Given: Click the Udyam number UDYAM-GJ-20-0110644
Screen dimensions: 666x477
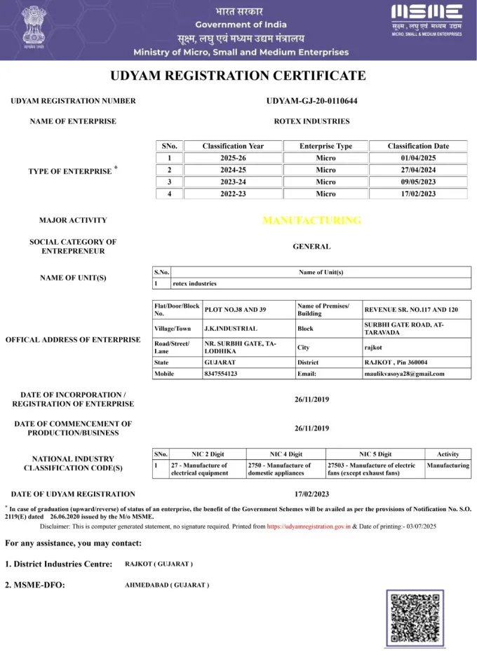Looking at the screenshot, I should tap(311, 101).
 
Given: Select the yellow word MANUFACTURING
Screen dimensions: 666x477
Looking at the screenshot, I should tap(311, 220).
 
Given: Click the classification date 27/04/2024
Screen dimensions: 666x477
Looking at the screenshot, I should tap(418, 170).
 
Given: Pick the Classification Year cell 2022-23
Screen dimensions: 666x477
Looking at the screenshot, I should tap(233, 193).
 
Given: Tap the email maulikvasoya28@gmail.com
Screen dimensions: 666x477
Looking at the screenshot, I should tap(403, 374).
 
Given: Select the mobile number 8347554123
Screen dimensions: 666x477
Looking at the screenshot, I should tap(221, 374).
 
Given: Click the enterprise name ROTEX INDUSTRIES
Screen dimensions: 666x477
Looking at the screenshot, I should tap(311, 121).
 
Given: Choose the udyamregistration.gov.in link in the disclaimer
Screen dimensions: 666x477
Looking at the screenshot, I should tap(308, 525).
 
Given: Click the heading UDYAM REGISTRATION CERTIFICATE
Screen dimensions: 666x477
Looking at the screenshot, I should tap(238, 76).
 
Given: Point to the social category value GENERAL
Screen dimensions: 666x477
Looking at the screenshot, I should tap(311, 246).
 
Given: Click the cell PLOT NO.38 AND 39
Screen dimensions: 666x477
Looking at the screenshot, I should tap(235, 309).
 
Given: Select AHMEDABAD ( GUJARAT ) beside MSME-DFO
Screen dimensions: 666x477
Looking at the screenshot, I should tap(166, 585).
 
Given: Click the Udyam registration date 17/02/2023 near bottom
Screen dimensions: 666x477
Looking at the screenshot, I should tap(311, 494).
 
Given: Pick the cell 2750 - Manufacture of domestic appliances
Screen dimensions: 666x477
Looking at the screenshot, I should tap(279, 469).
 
